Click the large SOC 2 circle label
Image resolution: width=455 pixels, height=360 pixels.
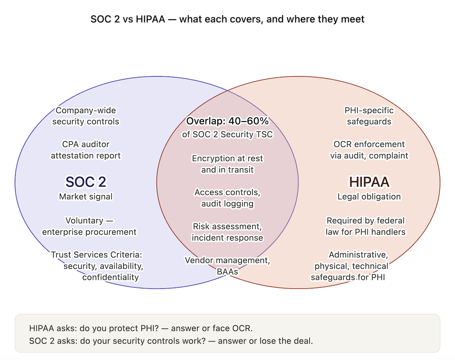coord(86,182)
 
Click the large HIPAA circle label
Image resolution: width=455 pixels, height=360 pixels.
coord(369,182)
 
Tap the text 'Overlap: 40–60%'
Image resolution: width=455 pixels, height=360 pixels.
coord(227,122)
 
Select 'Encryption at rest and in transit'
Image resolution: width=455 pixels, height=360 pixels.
coord(227,164)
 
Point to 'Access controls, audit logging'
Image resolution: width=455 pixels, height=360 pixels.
coord(227,198)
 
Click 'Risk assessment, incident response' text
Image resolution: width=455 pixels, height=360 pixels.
coord(227,232)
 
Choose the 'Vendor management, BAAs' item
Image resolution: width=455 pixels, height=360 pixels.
coord(227,266)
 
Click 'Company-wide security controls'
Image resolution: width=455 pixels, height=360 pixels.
coord(86,116)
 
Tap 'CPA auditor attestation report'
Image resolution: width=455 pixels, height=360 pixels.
coord(86,150)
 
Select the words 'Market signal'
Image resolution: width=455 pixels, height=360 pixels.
coord(86,197)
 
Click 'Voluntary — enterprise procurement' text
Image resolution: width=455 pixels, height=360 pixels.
coord(89,226)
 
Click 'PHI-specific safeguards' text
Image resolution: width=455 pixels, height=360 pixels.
coord(369,116)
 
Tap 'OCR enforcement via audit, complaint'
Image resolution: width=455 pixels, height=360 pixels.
coord(369,150)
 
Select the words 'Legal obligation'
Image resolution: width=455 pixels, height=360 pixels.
coord(369,197)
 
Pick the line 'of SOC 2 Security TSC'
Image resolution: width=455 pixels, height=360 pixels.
coord(227,134)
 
